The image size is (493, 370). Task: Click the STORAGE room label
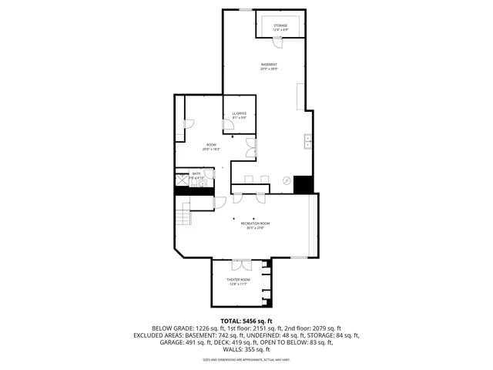pos(280,25)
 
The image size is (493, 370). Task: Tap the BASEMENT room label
pos(269,65)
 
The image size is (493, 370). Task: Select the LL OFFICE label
pos(239,113)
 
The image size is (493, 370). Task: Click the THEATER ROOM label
pos(238,279)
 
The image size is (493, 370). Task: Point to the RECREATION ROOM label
pos(255,224)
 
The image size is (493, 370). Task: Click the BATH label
pos(196,174)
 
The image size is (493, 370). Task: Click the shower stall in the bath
pos(182,180)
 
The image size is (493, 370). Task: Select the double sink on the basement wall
pos(307,141)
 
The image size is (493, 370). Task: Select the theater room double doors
pos(240,264)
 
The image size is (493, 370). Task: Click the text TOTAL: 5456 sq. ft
pos(246,321)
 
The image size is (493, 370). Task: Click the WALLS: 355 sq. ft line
pos(246,349)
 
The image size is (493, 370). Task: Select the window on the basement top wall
pos(244,9)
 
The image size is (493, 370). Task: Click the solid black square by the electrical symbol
pos(304,185)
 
